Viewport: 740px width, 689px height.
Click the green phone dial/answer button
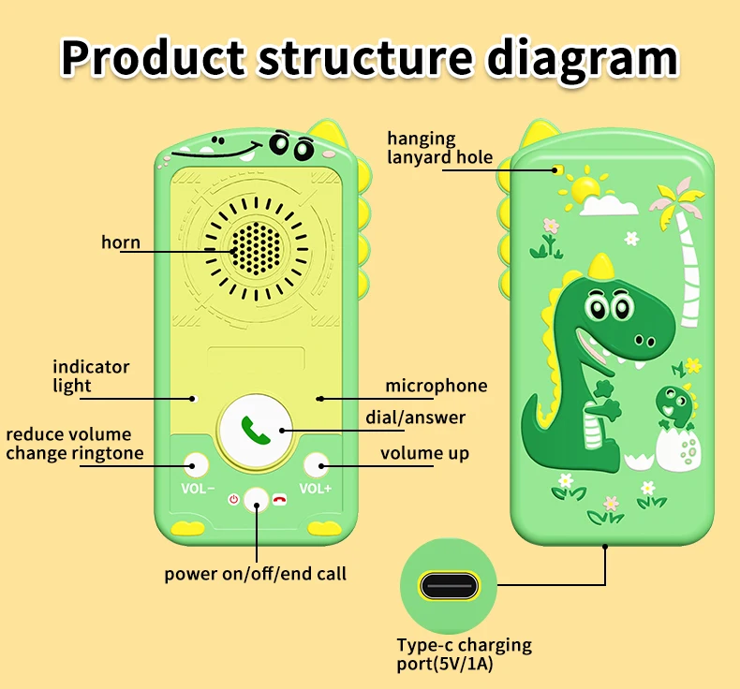point(255,429)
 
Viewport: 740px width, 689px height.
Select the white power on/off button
point(256,500)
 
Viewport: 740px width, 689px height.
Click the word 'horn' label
point(121,242)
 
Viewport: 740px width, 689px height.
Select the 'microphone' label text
point(437,386)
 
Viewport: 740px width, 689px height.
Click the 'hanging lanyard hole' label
point(439,148)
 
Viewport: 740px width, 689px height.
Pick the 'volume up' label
point(424,454)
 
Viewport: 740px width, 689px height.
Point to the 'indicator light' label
point(91,376)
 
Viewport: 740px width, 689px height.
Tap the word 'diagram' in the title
point(582,57)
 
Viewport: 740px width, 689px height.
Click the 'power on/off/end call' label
point(256,573)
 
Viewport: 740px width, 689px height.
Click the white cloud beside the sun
point(614,203)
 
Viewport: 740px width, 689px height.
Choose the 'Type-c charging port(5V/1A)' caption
point(464,654)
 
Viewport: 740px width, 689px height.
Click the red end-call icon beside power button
point(279,500)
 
